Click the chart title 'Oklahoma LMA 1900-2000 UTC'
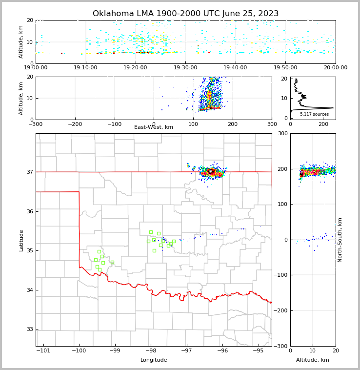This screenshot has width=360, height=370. click(185, 14)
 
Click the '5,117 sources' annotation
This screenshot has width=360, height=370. click(314, 114)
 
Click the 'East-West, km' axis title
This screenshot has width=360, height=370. click(154, 127)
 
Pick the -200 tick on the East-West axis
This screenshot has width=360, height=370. click(75, 124)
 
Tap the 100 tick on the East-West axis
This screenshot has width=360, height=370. click(193, 124)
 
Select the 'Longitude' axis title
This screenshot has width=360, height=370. click(154, 360)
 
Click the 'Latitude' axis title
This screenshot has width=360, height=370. click(21, 240)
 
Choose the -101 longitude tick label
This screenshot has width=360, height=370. click(43, 350)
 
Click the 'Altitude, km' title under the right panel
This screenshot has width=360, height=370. click(313, 360)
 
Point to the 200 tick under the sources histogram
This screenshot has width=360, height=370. click(324, 124)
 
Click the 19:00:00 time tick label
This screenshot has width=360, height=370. click(36, 68)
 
